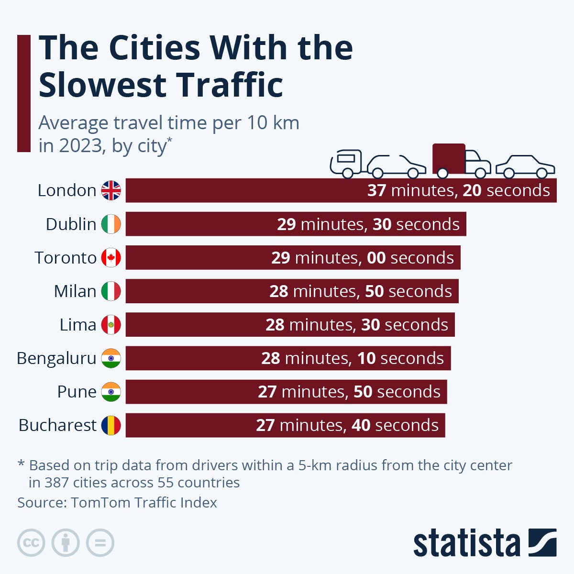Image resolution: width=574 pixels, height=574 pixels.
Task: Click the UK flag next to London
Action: point(111,190)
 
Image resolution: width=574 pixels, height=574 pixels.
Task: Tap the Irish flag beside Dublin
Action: point(111,224)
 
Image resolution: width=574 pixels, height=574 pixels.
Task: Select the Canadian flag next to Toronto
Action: point(111,257)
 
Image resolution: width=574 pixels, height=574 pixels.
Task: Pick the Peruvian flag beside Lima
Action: point(111,324)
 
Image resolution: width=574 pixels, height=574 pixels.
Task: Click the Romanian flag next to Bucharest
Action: point(111,425)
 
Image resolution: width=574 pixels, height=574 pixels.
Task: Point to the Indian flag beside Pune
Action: point(111,391)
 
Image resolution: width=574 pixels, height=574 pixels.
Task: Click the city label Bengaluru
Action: point(56,358)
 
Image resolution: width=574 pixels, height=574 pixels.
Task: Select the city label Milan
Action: point(75,291)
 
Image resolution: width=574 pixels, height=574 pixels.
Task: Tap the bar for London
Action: point(239,190)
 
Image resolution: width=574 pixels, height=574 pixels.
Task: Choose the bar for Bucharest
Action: point(191,425)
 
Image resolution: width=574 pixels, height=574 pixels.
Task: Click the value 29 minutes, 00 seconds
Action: point(362,258)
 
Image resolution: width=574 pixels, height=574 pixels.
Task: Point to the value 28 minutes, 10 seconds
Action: point(352,358)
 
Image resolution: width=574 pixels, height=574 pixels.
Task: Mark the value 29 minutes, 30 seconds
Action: point(368,224)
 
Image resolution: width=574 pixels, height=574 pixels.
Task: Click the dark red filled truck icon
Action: point(460,160)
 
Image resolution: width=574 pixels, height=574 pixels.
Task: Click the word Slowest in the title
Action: point(101,85)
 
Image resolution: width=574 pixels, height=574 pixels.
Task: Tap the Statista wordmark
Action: point(466,543)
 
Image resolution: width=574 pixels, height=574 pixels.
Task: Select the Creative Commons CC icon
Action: point(31,543)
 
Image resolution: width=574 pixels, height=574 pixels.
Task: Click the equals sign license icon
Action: point(100,543)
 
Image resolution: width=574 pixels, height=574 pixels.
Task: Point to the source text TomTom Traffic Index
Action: point(143,502)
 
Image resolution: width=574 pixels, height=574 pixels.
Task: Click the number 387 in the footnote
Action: point(57,482)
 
